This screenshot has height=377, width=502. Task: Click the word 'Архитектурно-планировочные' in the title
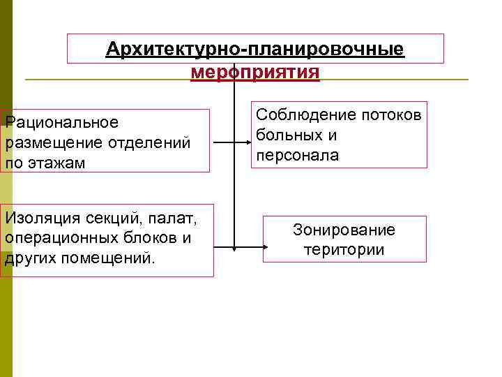coord(254,50)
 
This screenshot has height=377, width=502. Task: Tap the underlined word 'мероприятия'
coord(254,72)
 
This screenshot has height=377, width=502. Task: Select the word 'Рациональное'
coord(62,123)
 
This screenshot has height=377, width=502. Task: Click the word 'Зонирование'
coord(344,230)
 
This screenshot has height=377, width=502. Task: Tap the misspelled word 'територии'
coord(344,249)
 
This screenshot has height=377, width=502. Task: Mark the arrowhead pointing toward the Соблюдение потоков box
coord(246,144)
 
